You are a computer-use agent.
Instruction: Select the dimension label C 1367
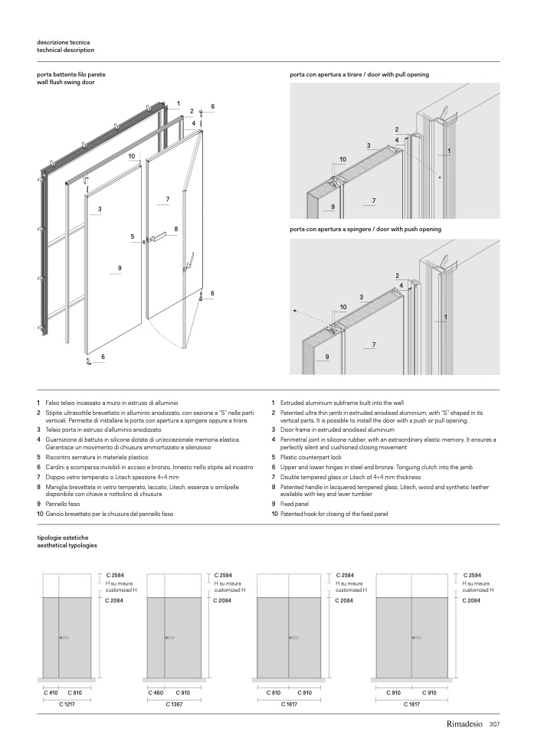pyautogui.click(x=175, y=703)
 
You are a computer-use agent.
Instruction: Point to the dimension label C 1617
pyautogui.click(x=288, y=703)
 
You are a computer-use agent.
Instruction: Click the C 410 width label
pyautogui.click(x=51, y=692)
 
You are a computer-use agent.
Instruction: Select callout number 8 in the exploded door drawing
pyautogui.click(x=175, y=229)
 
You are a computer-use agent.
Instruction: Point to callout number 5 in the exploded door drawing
pyautogui.click(x=133, y=237)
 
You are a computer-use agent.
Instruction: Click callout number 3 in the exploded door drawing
pyautogui.click(x=100, y=209)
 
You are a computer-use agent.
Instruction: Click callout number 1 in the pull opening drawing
pyautogui.click(x=449, y=151)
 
